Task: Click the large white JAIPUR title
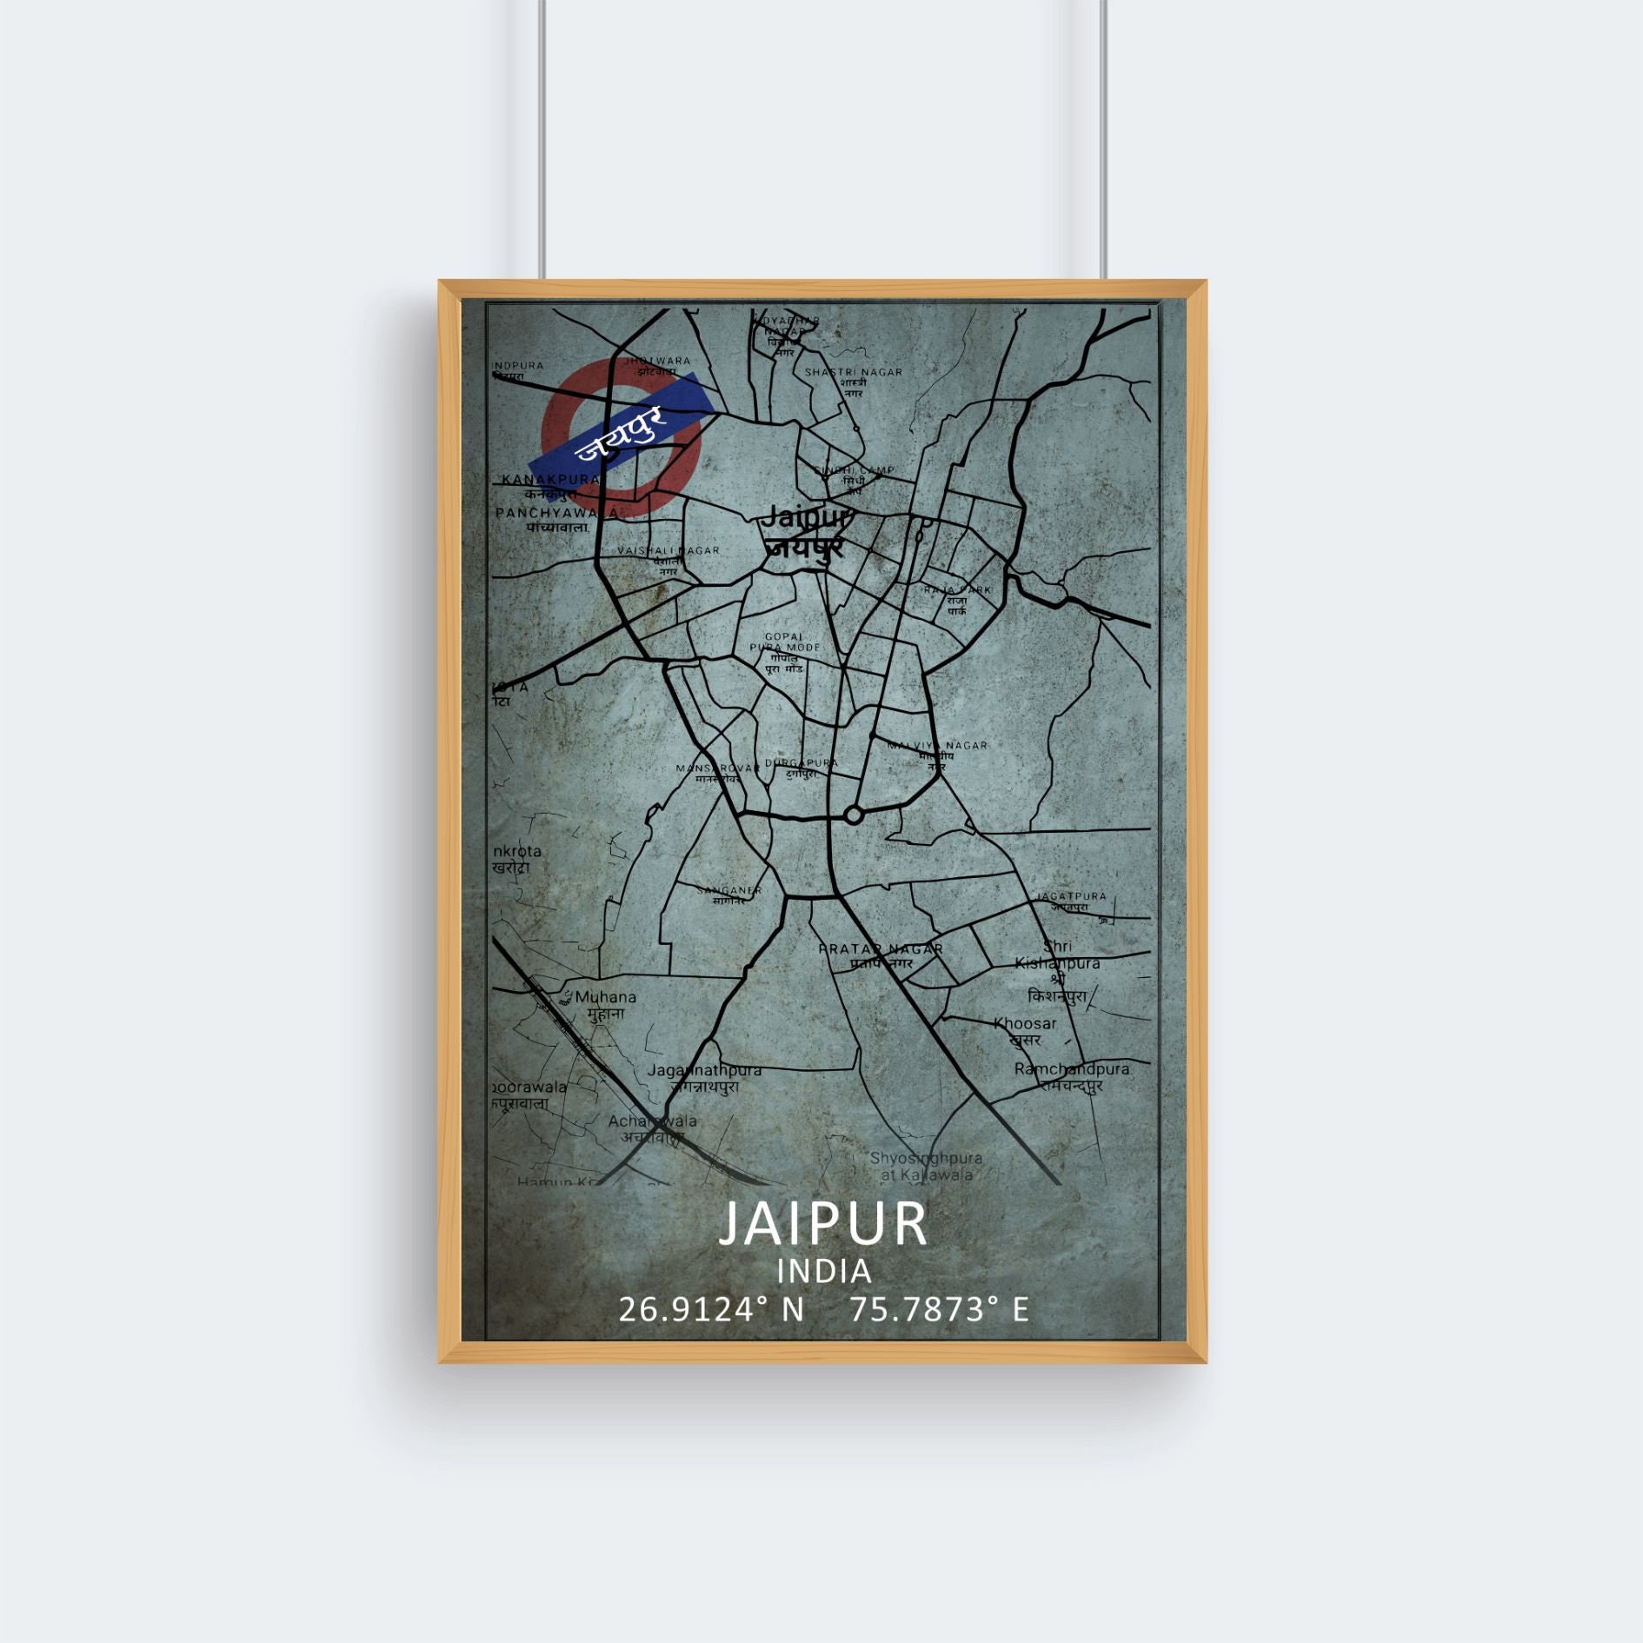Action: (822, 1223)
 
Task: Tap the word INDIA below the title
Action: (823, 1272)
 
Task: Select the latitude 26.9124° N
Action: (711, 1309)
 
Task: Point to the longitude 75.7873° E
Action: (939, 1309)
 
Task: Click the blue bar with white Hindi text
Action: (622, 434)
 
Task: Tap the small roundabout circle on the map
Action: (854, 815)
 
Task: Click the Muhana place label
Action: (605, 998)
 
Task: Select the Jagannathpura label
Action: (704, 1070)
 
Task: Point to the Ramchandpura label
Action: (1071, 1069)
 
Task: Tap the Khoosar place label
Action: (1026, 1024)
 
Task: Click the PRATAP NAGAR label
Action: (881, 949)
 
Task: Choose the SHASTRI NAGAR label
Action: (853, 372)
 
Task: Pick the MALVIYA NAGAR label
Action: (937, 746)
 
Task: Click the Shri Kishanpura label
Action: (1057, 955)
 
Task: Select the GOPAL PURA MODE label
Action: (784, 642)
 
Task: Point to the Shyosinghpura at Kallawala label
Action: (925, 1167)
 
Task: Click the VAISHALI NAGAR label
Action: (668, 550)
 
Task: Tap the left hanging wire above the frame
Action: (542, 139)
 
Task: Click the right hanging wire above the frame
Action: (1103, 139)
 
